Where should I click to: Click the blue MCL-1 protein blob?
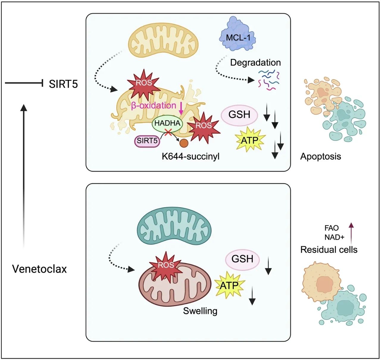238,35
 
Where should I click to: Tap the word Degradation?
255,62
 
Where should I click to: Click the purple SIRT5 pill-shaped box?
147,140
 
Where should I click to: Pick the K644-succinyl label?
191,156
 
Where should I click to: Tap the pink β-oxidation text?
154,106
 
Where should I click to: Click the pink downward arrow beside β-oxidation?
181,109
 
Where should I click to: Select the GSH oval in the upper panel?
239,115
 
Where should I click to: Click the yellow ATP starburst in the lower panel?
229,285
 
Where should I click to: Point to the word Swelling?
200,311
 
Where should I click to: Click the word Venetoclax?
39,269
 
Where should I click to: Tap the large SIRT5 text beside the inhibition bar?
63,84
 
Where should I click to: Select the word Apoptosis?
321,156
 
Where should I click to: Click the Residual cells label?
329,250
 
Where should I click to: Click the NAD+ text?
335,237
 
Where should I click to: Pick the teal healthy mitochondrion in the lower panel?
174,226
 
